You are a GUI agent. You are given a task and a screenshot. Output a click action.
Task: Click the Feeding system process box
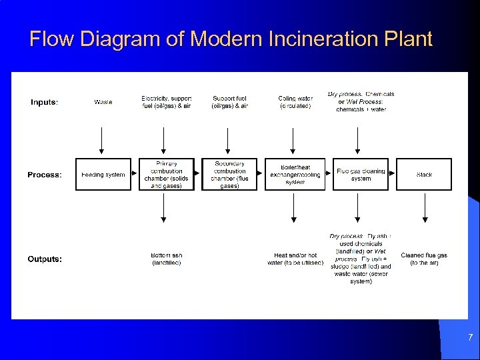click(x=103, y=175)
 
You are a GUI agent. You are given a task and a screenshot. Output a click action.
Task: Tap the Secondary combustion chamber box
click(x=229, y=175)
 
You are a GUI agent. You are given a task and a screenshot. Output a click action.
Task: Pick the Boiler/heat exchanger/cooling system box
click(x=295, y=175)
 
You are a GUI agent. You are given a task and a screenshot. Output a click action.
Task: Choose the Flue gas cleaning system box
click(x=361, y=175)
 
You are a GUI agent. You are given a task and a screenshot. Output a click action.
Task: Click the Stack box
click(x=424, y=175)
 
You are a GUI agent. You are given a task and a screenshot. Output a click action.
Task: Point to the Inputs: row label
click(x=45, y=102)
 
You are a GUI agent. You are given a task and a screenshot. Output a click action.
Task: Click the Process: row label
click(x=45, y=175)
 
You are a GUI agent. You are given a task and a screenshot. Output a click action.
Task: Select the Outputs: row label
click(x=45, y=259)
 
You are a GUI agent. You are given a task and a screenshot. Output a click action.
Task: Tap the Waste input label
click(x=103, y=102)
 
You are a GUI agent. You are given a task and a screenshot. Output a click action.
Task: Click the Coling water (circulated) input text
click(x=295, y=102)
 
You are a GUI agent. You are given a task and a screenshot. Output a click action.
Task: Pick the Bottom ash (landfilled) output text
click(x=166, y=259)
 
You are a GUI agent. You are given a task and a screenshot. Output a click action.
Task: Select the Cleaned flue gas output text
click(x=424, y=259)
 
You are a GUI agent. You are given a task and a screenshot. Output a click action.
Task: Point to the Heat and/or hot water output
click(x=295, y=259)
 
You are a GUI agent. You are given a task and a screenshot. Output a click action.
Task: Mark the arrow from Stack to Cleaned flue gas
click(x=425, y=208)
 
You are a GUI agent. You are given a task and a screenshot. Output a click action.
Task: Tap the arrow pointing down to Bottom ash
click(x=164, y=208)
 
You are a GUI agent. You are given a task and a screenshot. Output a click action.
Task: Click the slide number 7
click(x=469, y=338)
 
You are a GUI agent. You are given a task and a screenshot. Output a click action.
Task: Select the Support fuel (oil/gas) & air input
click(x=229, y=102)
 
